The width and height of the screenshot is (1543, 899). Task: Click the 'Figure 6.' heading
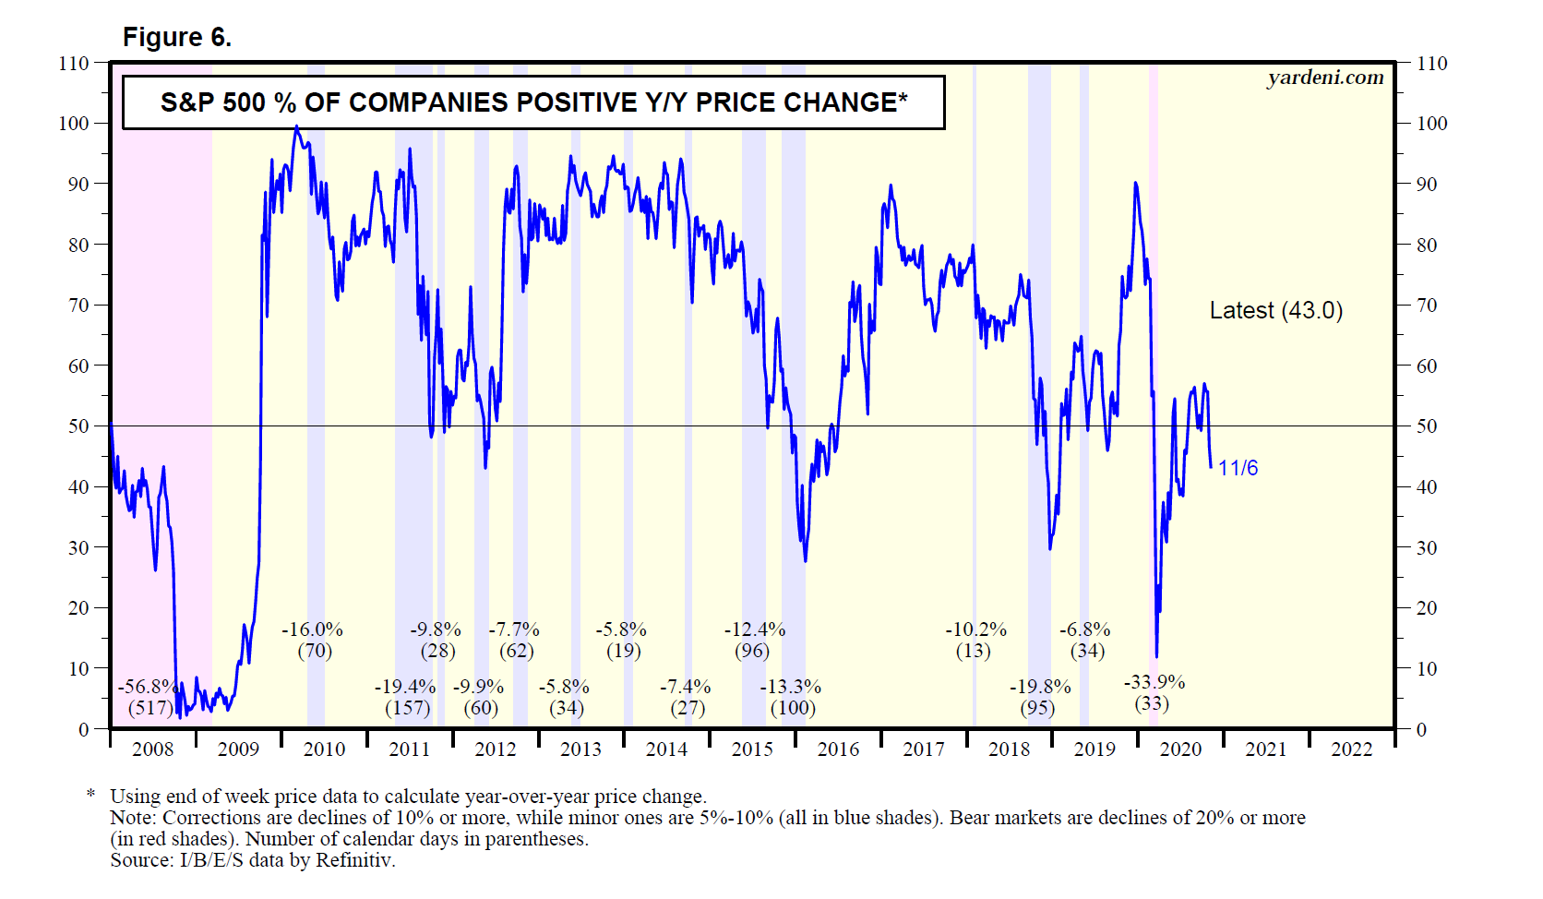pyautogui.click(x=177, y=37)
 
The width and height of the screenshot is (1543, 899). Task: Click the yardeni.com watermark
pyautogui.click(x=1325, y=78)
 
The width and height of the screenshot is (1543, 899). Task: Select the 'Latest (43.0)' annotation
pyautogui.click(x=1275, y=311)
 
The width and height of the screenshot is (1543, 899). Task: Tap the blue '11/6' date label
pyautogui.click(x=1238, y=468)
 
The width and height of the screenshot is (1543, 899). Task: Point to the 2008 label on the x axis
pyautogui.click(x=152, y=749)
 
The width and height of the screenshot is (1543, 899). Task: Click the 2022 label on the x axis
pyautogui.click(x=1351, y=749)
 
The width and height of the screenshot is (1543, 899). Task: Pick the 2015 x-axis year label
pyautogui.click(x=752, y=749)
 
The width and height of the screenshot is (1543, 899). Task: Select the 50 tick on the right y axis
pyautogui.click(x=1427, y=426)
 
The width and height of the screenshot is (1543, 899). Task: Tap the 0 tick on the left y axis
pyautogui.click(x=84, y=729)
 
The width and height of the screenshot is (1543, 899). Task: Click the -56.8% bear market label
pyautogui.click(x=148, y=688)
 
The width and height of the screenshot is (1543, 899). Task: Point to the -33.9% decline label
pyautogui.click(x=1154, y=683)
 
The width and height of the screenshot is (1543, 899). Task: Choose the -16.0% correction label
pyautogui.click(x=312, y=630)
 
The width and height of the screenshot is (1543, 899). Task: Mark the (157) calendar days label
pyautogui.click(x=407, y=708)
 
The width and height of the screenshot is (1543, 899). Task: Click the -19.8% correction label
pyautogui.click(x=1040, y=688)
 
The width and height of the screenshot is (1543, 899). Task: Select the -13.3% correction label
pyautogui.click(x=790, y=688)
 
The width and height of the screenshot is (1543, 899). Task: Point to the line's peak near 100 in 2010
pyautogui.click(x=296, y=127)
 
